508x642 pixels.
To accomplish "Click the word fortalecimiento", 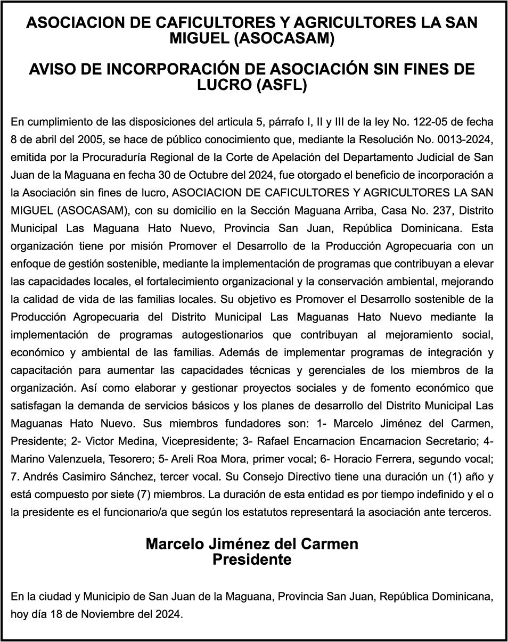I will (194, 281).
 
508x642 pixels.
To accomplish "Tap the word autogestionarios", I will (222, 334).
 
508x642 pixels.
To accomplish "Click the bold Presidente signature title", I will (252, 560).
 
